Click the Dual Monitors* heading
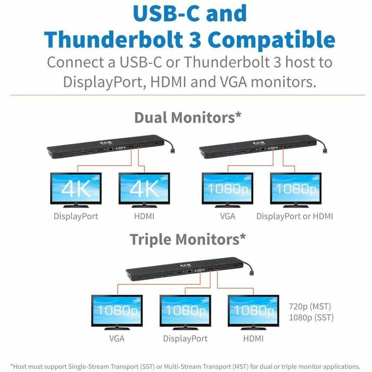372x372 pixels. tap(188, 117)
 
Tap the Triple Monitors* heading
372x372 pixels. tap(188, 239)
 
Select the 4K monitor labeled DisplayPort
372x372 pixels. tap(76, 188)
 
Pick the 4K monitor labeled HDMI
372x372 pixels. tap(144, 188)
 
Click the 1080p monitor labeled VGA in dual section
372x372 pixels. tap(227, 188)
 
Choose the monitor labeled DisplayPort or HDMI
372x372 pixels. tap(296, 188)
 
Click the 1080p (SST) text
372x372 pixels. tap(311, 318)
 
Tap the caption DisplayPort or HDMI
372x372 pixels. tap(295, 216)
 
